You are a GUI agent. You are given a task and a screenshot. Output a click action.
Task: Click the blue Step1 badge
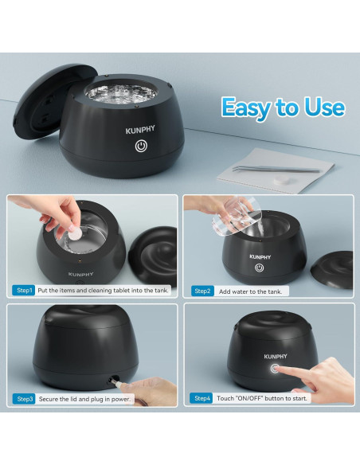click(24, 291)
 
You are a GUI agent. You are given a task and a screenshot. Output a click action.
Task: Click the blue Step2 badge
click(202, 291)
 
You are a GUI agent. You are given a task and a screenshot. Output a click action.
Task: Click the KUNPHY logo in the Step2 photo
click(260, 257)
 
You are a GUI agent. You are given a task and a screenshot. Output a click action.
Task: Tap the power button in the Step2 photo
click(260, 268)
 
